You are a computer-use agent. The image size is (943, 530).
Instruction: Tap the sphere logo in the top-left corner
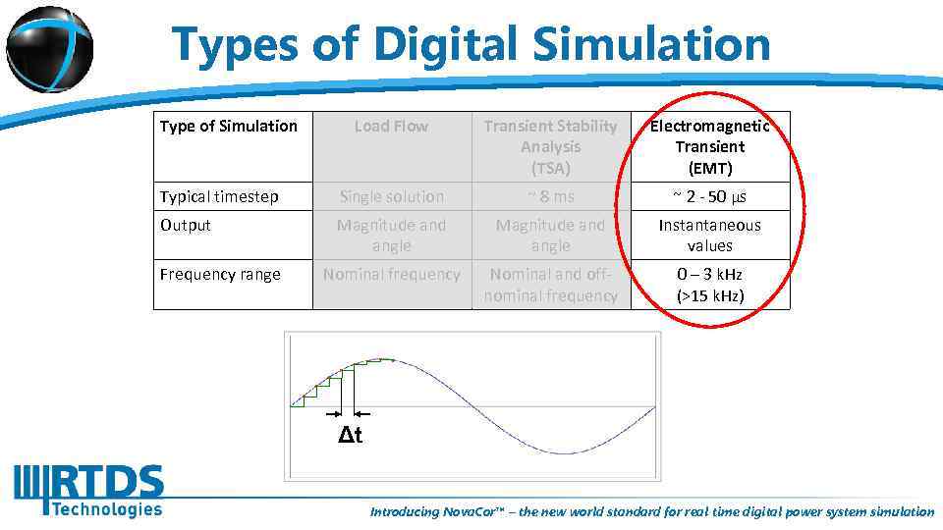coord(48,47)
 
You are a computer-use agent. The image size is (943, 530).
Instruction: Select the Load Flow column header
coord(391,126)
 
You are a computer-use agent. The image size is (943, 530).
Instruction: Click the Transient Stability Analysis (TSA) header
coord(550,146)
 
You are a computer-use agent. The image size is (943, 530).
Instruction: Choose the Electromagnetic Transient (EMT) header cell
coord(709,146)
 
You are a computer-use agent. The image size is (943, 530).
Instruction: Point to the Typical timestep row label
coord(219,196)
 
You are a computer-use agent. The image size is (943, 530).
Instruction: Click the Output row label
coord(186,225)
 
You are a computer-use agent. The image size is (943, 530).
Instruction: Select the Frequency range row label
coord(220,274)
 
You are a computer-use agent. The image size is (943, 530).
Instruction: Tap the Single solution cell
coord(391,196)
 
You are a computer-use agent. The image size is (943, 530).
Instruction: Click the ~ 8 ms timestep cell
coord(550,196)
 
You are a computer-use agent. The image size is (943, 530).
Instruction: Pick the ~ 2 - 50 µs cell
coord(709,196)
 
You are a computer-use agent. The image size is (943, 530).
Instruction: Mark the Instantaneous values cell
coord(709,236)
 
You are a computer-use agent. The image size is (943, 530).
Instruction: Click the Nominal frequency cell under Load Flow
coord(391,274)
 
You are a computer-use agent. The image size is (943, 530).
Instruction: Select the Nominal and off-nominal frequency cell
coord(550,285)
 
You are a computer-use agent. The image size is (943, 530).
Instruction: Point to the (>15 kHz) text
coord(710,295)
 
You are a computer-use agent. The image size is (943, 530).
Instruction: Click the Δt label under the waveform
coord(351,436)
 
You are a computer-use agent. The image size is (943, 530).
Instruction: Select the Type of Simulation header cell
coord(228,126)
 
